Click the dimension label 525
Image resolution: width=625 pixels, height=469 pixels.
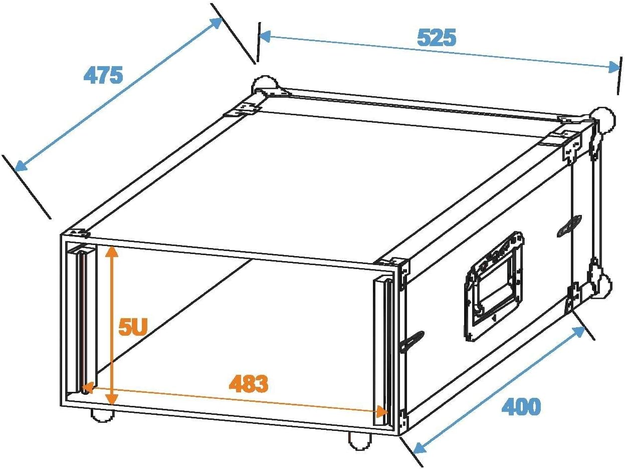436,37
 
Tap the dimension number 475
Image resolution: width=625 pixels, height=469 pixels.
103,75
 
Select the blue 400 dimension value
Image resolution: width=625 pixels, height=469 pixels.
521,406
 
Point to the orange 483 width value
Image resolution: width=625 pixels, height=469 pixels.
249,384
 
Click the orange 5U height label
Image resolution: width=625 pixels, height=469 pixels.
133,327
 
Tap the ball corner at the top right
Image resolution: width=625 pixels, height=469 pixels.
604,120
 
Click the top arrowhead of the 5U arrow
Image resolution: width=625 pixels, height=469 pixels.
112,251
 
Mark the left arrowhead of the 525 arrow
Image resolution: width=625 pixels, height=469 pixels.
265,37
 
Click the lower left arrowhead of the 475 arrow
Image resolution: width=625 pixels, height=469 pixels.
21,166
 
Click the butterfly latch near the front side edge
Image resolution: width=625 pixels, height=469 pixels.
411,341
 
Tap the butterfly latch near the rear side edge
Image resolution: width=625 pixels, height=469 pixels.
569,226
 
